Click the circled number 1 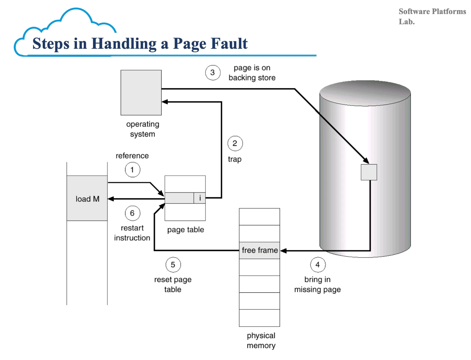coord(132,170)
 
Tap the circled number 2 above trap coord(235,143)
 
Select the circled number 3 coord(213,72)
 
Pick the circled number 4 coord(318,265)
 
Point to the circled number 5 coord(173,265)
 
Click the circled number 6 coord(132,213)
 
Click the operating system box coord(141,93)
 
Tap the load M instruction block coord(87,198)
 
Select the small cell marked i coord(200,198)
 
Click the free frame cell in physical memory coord(259,250)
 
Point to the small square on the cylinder coord(369,172)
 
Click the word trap coord(235,159)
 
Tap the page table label coord(186,230)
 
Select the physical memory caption coord(261,341)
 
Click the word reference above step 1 coord(132,156)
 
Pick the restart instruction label coord(132,233)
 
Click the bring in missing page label coord(318,285)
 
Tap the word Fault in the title coord(229,44)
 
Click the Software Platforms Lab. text coord(432,16)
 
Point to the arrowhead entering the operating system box coord(165,102)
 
